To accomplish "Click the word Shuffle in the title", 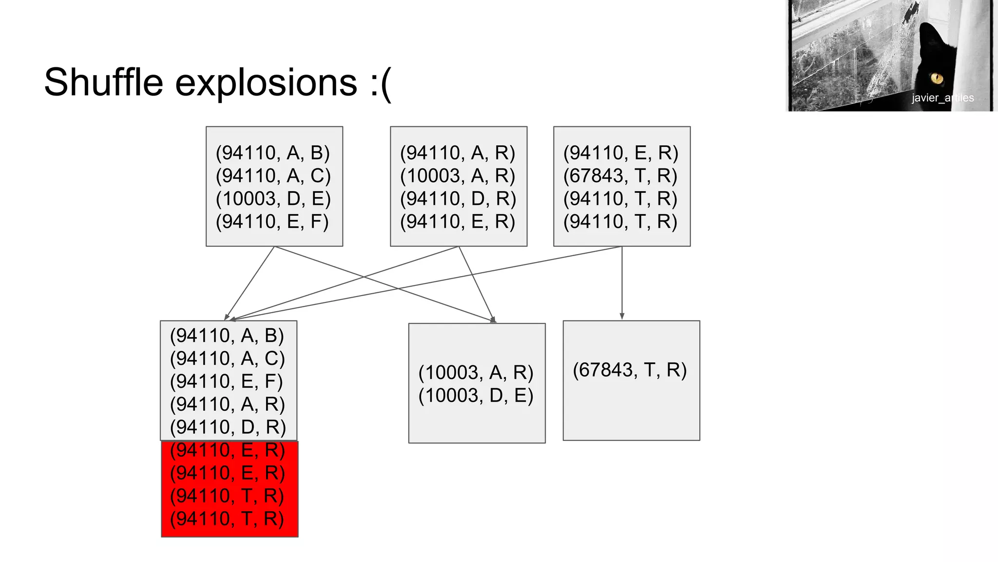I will pos(103,82).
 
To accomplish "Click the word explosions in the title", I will pos(266,82).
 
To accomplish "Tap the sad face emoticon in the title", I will pos(381,83).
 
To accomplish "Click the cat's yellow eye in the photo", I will pos(936,78).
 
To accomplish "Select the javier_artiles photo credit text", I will pos(942,98).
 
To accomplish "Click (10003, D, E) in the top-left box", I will pos(273,199).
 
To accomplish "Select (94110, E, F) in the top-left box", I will pos(272,221).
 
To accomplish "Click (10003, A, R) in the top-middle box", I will pos(457,176).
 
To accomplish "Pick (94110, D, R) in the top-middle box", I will pos(458,199).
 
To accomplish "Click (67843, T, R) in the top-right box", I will pos(620,176).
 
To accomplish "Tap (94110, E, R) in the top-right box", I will pos(621,153).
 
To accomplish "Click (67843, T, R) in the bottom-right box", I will pos(630,370).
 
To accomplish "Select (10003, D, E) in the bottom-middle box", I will pos(476,395).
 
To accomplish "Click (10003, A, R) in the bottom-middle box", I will pos(476,373).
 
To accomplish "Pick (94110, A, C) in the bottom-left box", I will pos(227,358).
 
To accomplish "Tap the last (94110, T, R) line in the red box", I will pos(227,518).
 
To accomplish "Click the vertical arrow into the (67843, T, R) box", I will pos(622,283).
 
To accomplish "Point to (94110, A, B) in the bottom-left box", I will pos(227,336).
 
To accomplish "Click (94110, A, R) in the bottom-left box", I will pos(227,404).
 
